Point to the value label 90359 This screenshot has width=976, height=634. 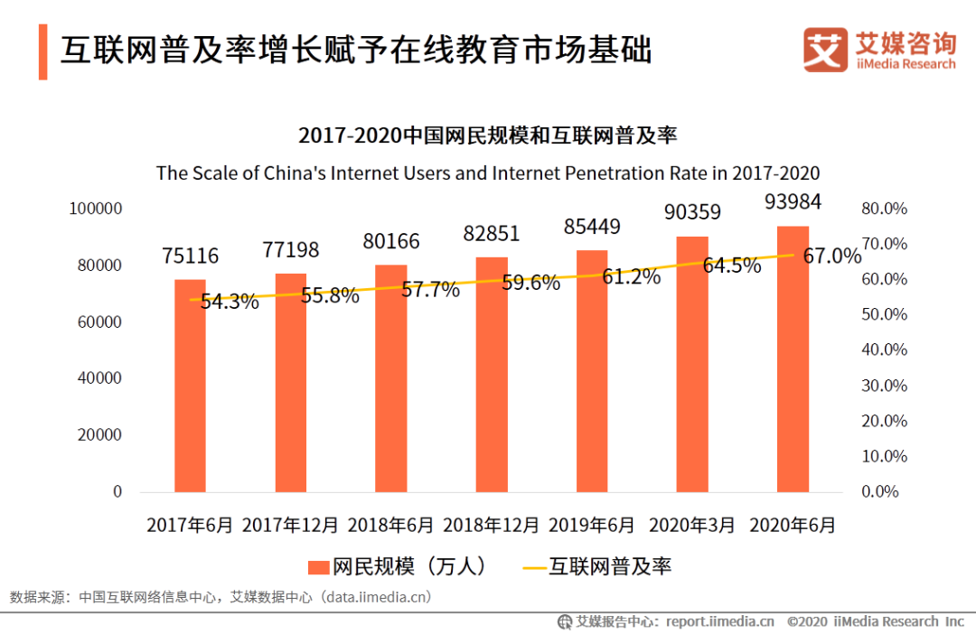pyautogui.click(x=692, y=213)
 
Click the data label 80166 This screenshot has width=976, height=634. pyautogui.click(x=392, y=241)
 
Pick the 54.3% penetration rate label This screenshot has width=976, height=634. pyautogui.click(x=230, y=302)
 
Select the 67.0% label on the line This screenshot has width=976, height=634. pyautogui.click(x=832, y=256)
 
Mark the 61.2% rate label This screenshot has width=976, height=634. pyautogui.click(x=632, y=277)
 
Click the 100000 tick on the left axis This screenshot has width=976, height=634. pyautogui.click(x=95, y=209)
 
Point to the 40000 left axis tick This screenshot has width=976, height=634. pyautogui.click(x=99, y=378)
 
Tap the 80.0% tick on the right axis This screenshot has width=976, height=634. pyautogui.click(x=883, y=209)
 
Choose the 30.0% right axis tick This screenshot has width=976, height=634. pyautogui.click(x=883, y=386)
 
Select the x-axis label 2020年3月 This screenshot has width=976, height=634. pyautogui.click(x=693, y=525)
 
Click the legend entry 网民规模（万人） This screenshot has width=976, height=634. pyautogui.click(x=399, y=566)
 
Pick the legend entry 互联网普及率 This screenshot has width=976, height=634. pyautogui.click(x=597, y=566)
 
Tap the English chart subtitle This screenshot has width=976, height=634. pyautogui.click(x=488, y=172)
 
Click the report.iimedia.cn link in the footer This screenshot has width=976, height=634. pyautogui.click(x=720, y=621)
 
